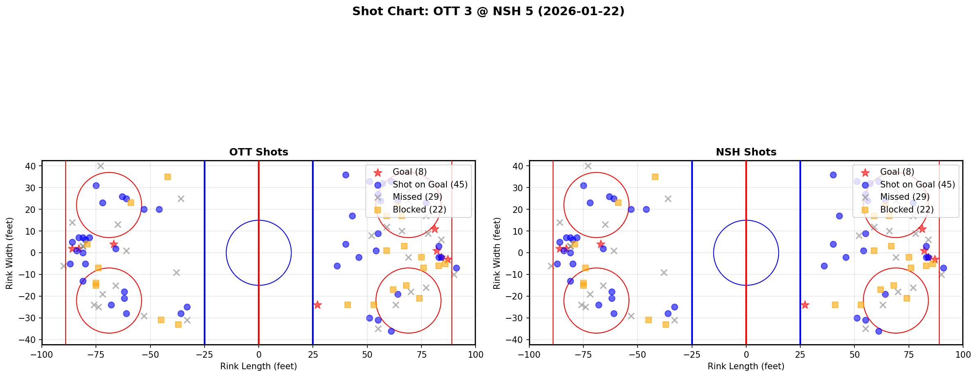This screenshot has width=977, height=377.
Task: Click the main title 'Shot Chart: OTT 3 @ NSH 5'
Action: click(x=488, y=11)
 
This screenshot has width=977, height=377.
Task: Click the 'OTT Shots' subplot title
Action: click(x=259, y=152)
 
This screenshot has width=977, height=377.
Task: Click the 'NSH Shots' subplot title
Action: click(x=746, y=152)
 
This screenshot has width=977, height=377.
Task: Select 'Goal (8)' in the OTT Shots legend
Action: click(x=410, y=172)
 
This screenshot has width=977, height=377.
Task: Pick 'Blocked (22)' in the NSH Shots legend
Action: click(x=907, y=210)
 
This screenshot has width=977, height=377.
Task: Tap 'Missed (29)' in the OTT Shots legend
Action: click(x=417, y=197)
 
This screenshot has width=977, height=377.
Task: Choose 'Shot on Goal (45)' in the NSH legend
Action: click(x=918, y=185)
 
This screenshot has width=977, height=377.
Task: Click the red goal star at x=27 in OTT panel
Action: click(x=317, y=305)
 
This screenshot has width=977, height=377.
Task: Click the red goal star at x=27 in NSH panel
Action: click(x=805, y=305)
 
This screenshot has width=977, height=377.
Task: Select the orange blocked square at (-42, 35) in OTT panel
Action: click(x=168, y=177)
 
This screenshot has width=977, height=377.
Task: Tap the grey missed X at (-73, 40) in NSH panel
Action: click(x=588, y=166)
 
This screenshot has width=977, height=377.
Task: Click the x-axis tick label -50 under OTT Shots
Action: click(x=150, y=354)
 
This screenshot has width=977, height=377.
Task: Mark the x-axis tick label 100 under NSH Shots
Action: click(x=962, y=354)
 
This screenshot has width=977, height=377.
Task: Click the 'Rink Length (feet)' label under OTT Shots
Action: click(x=259, y=366)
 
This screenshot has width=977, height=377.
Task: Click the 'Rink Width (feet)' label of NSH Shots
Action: click(x=497, y=253)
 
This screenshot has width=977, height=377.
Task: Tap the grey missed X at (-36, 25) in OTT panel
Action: click(x=181, y=199)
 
